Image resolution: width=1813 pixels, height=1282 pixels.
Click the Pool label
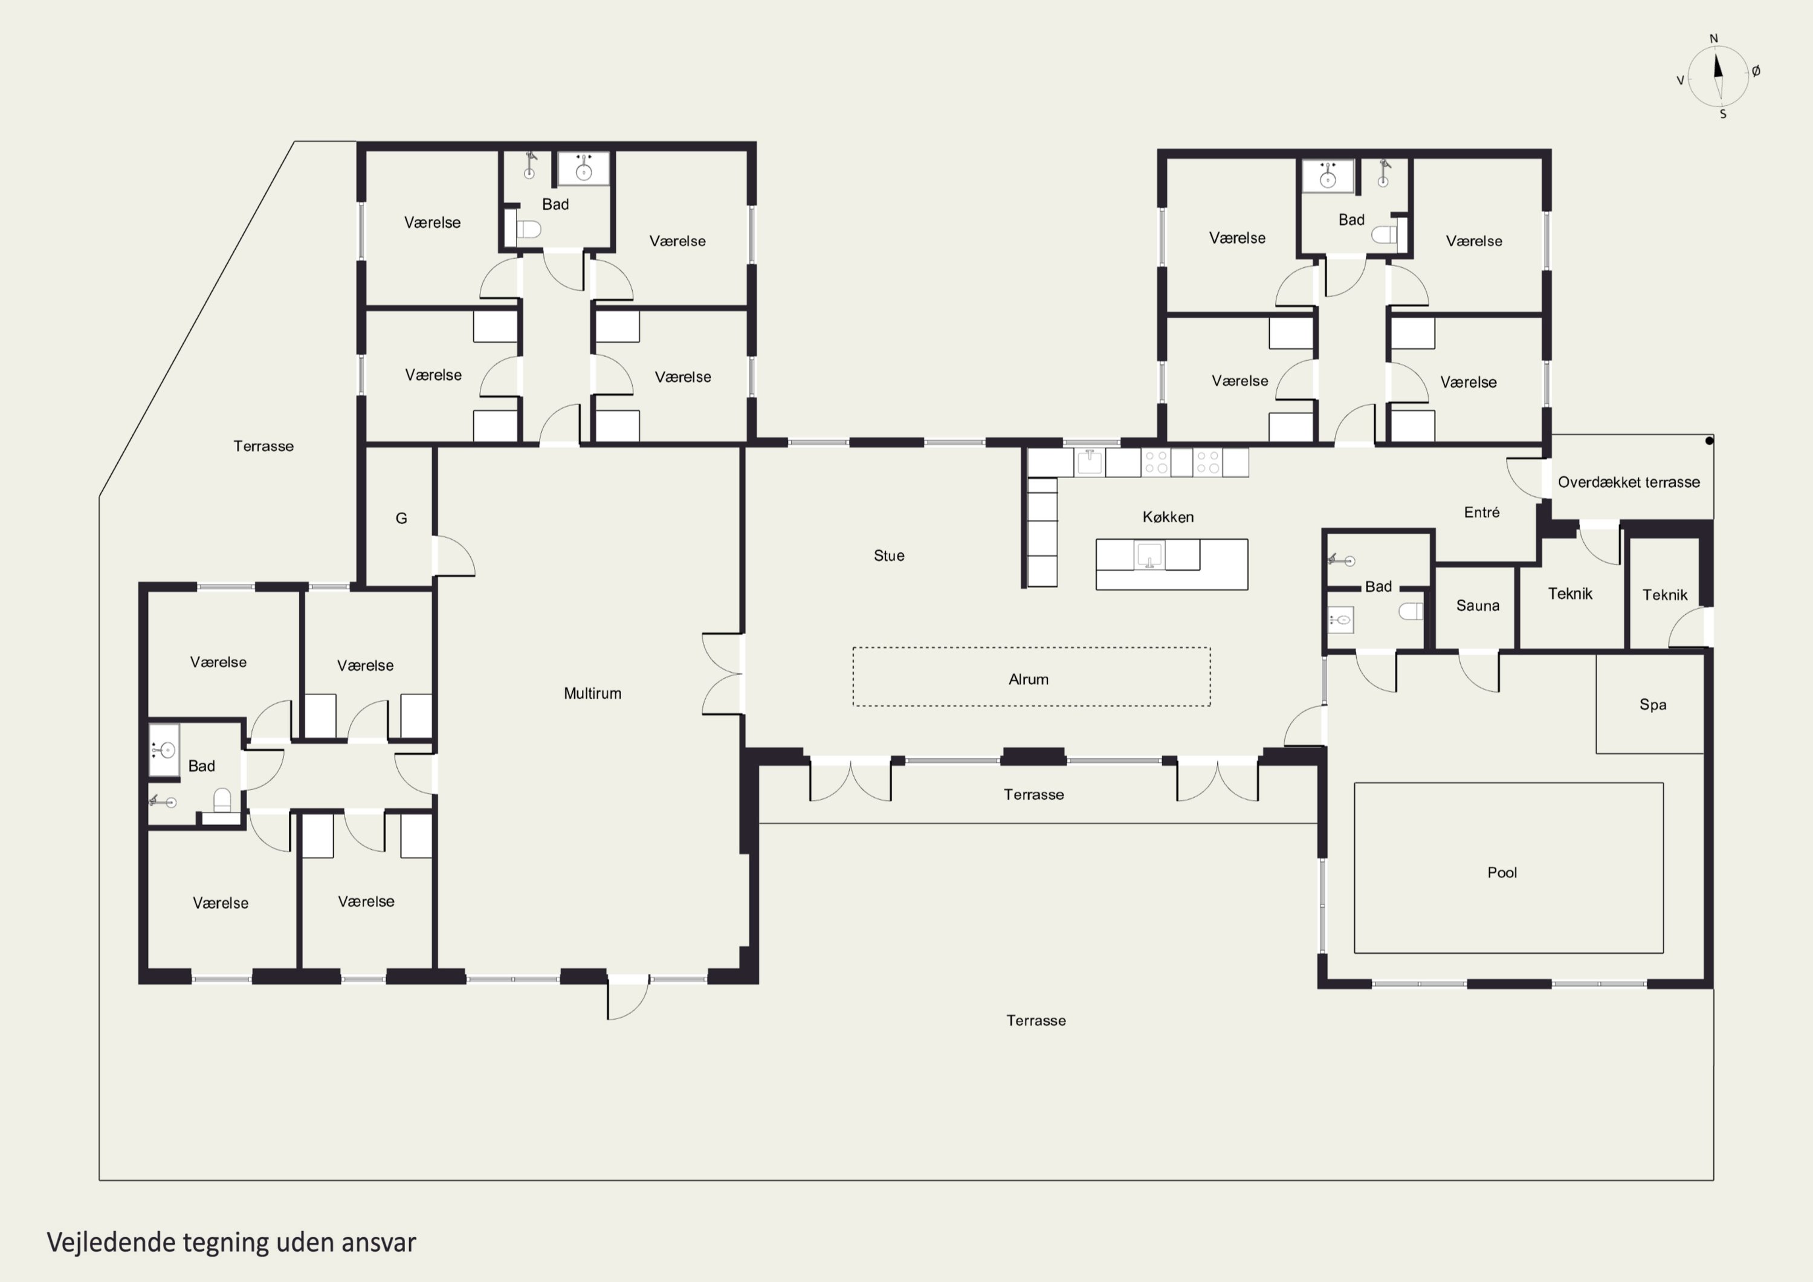(1502, 873)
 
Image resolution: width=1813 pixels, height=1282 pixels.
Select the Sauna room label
(1478, 606)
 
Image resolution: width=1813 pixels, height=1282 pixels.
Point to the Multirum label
(592, 693)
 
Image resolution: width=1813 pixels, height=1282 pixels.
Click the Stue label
(889, 556)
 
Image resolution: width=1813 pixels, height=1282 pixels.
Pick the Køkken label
(1168, 517)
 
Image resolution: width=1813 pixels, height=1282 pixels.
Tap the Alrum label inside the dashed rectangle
(1028, 679)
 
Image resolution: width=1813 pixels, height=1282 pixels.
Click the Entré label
(1481, 513)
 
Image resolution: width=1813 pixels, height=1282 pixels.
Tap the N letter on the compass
(1713, 39)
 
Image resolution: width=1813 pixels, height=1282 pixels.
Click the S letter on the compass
(1723, 114)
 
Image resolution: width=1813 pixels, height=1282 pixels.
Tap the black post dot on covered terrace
(1709, 441)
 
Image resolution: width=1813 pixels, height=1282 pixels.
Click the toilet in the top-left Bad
(528, 229)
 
